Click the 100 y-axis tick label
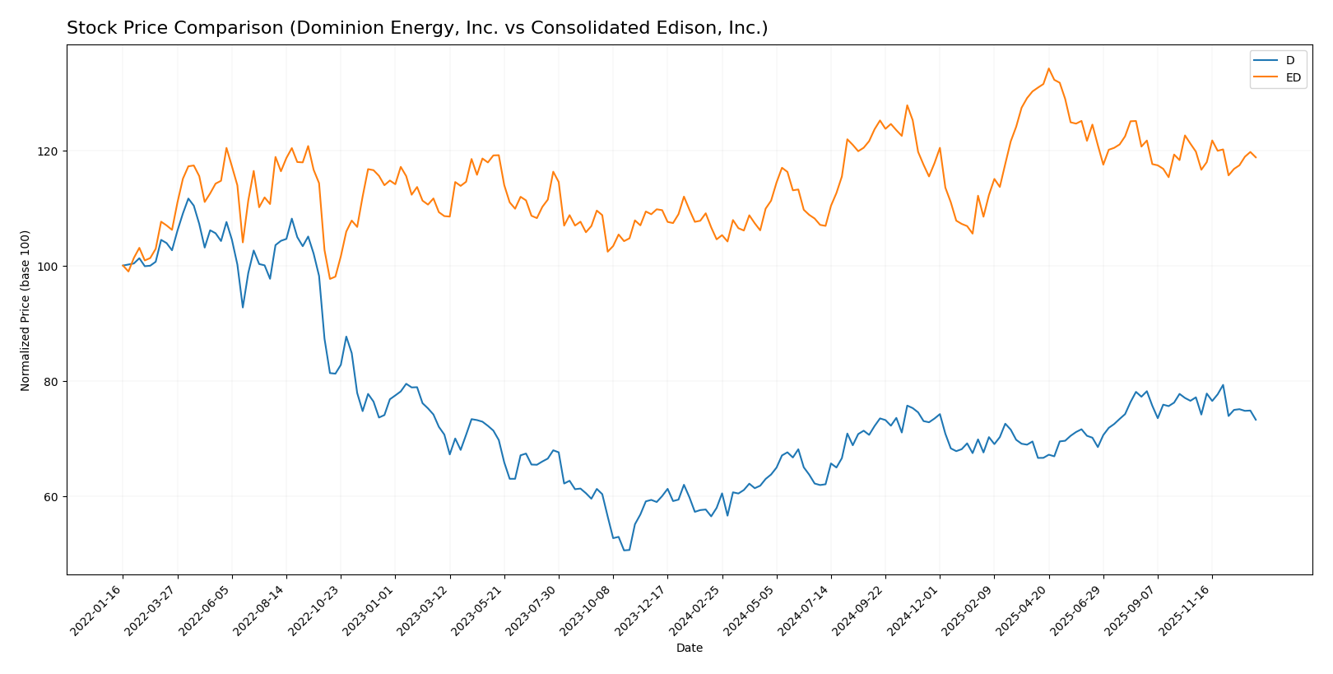coord(50,267)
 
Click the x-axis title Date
coord(689,648)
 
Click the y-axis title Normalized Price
coord(26,310)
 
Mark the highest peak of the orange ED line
coord(1048,68)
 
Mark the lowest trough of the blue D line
coord(625,550)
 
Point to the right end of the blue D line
coord(1256,420)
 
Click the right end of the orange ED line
coord(1256,157)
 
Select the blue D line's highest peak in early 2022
coord(188,198)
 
